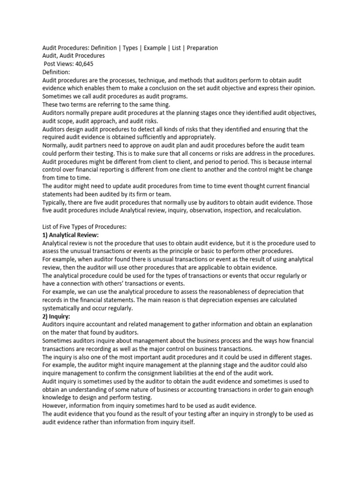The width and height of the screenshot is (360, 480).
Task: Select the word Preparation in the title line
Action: click(x=202, y=48)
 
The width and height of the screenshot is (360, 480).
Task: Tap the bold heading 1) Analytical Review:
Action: click(x=71, y=235)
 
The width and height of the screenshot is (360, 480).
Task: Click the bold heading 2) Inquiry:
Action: click(x=56, y=316)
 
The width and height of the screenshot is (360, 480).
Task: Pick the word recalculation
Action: click(x=276, y=210)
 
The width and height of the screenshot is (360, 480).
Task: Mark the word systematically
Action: click(x=63, y=308)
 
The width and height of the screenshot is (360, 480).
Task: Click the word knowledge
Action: click(x=59, y=397)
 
